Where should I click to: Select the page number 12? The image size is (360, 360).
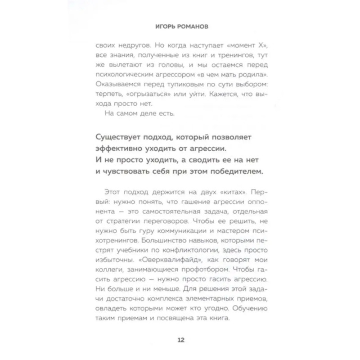click(180, 340)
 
